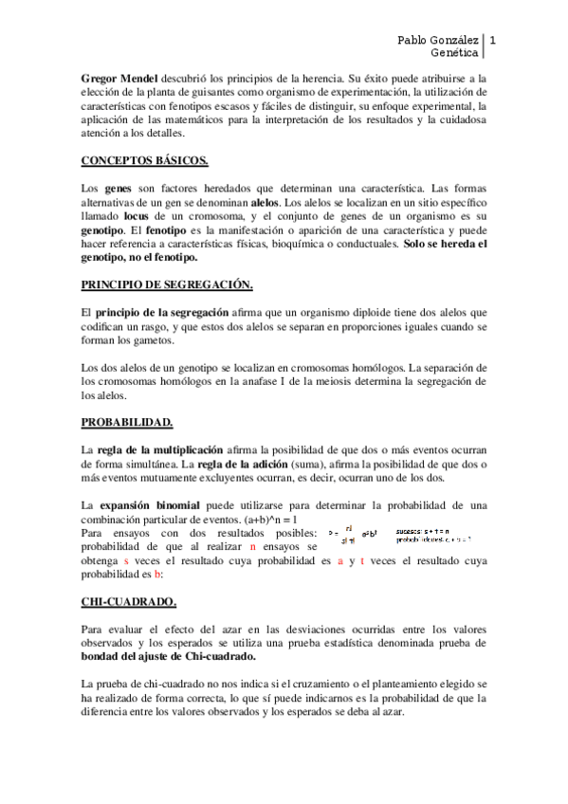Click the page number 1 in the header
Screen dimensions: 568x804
click(493, 40)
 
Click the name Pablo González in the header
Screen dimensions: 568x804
click(437, 40)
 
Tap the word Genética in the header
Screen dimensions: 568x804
click(453, 54)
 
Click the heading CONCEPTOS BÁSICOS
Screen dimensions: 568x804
click(144, 160)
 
